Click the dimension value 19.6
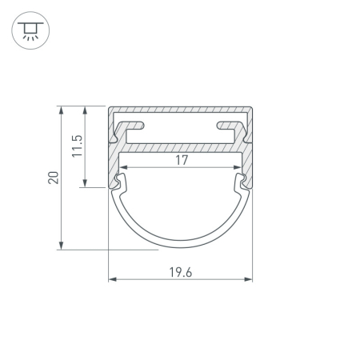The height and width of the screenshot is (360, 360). pyautogui.click(x=181, y=272)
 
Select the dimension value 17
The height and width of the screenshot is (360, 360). pyautogui.click(x=182, y=160)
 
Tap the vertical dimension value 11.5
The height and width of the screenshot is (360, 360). pyautogui.click(x=78, y=146)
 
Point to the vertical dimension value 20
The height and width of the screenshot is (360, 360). pyautogui.click(x=54, y=178)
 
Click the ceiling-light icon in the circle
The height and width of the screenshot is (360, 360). pyautogui.click(x=30, y=30)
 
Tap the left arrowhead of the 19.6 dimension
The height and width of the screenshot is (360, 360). pyautogui.click(x=112, y=279)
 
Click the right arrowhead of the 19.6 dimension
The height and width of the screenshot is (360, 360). pyautogui.click(x=248, y=279)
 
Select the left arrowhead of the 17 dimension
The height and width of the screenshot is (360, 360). pyautogui.click(x=123, y=167)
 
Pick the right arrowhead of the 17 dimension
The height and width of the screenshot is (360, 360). pyautogui.click(x=238, y=167)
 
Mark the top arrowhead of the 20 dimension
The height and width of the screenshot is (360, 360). pyautogui.click(x=62, y=110)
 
